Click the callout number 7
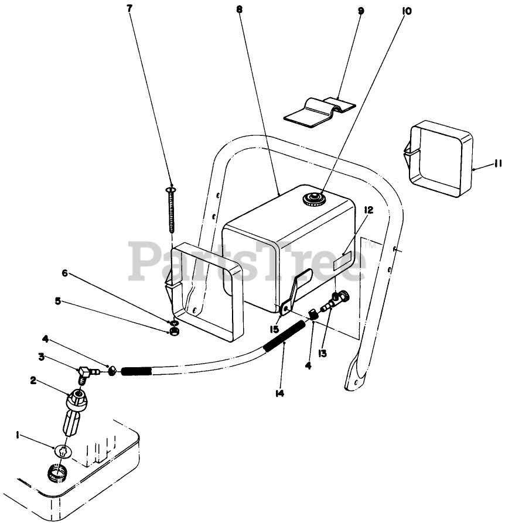129,8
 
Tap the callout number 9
360,10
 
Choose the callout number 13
323,353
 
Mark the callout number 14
280,394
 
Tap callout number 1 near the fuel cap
18,435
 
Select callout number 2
34,380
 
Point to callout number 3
42,356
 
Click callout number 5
58,301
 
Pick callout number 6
65,272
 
